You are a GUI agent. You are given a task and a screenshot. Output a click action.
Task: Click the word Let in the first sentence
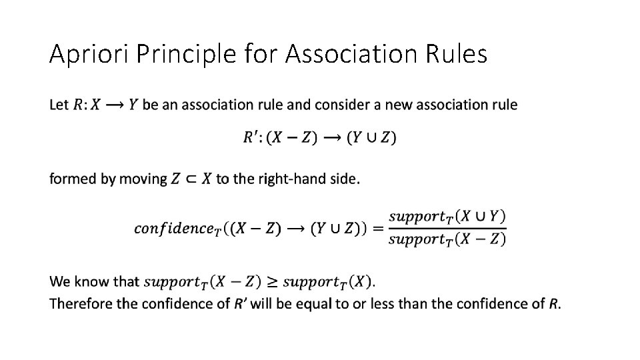[x=59, y=105]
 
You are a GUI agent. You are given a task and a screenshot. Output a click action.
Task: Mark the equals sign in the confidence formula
[x=377, y=228]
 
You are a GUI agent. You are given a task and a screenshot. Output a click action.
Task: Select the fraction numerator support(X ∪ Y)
[x=447, y=216]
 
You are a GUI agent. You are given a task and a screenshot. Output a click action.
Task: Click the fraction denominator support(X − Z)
[x=447, y=239]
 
